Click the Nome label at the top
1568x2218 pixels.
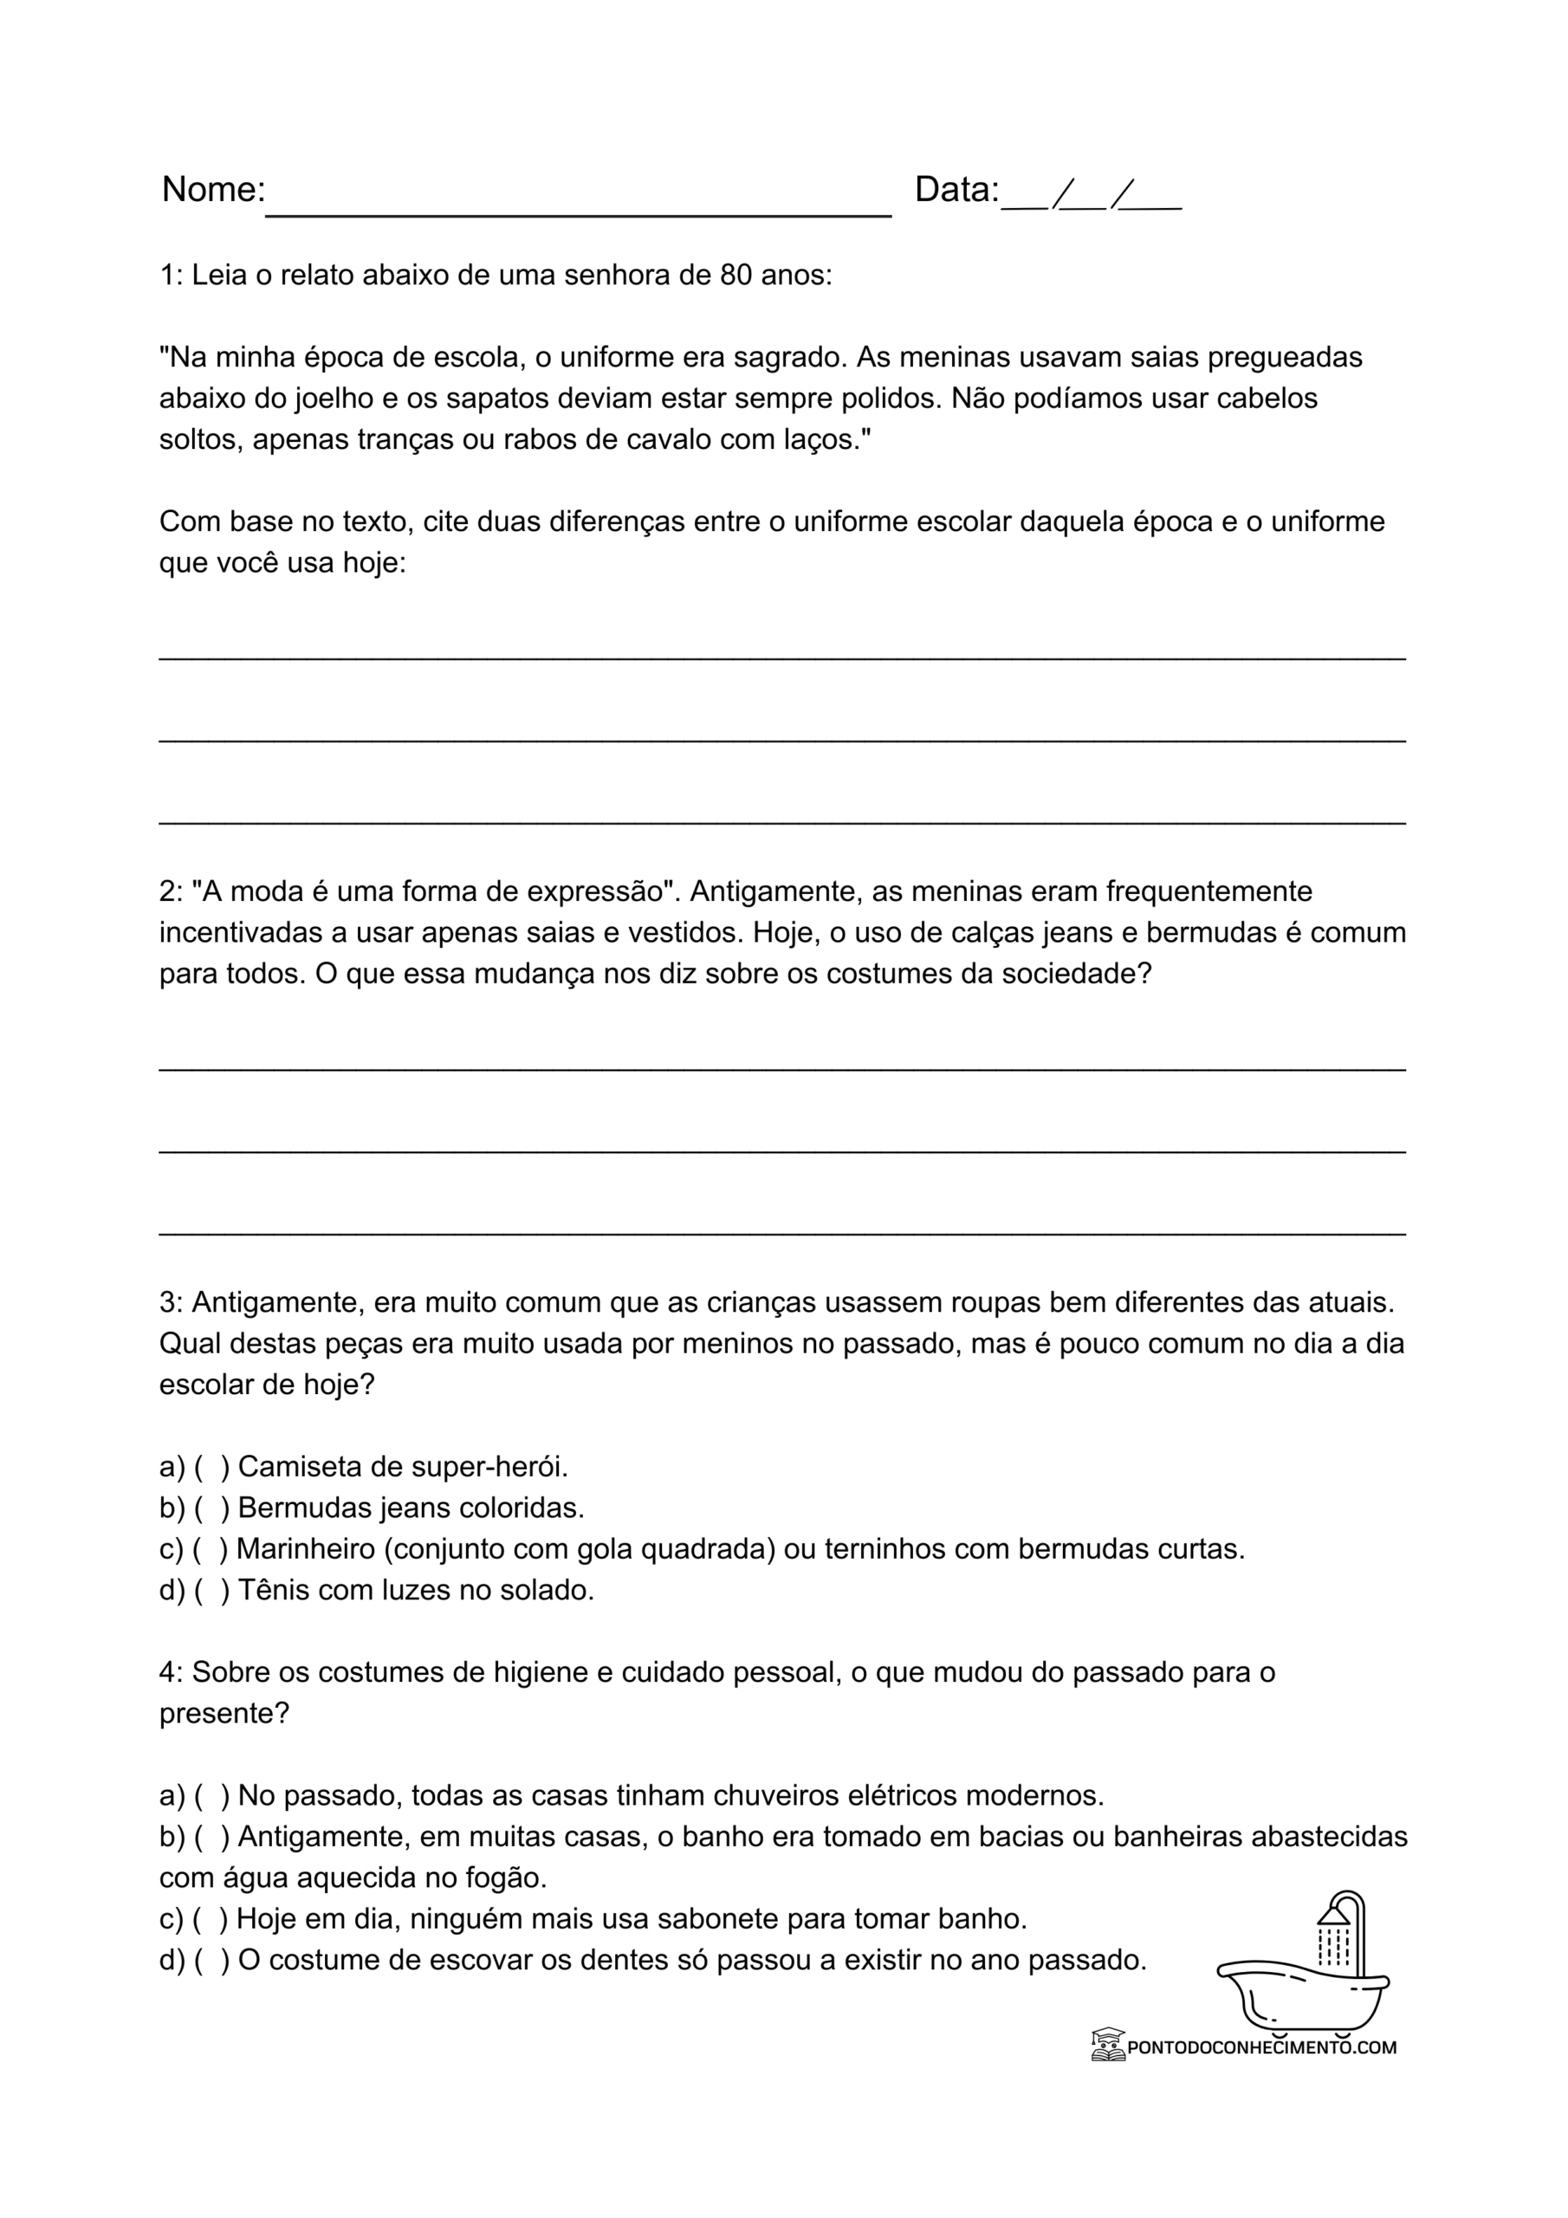click(212, 190)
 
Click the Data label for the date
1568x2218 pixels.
click(956, 190)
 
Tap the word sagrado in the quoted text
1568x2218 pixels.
click(790, 358)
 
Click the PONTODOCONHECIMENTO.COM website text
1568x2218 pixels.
click(1261, 2047)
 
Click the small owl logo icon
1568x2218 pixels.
click(1108, 2045)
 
